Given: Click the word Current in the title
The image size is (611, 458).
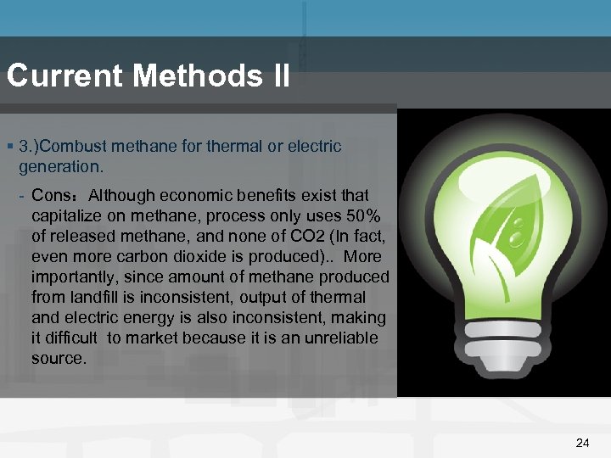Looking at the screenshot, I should (64, 76).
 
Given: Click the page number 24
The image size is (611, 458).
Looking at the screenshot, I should (582, 443).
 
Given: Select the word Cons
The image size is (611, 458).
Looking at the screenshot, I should (49, 196).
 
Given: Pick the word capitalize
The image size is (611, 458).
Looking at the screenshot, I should (66, 216).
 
